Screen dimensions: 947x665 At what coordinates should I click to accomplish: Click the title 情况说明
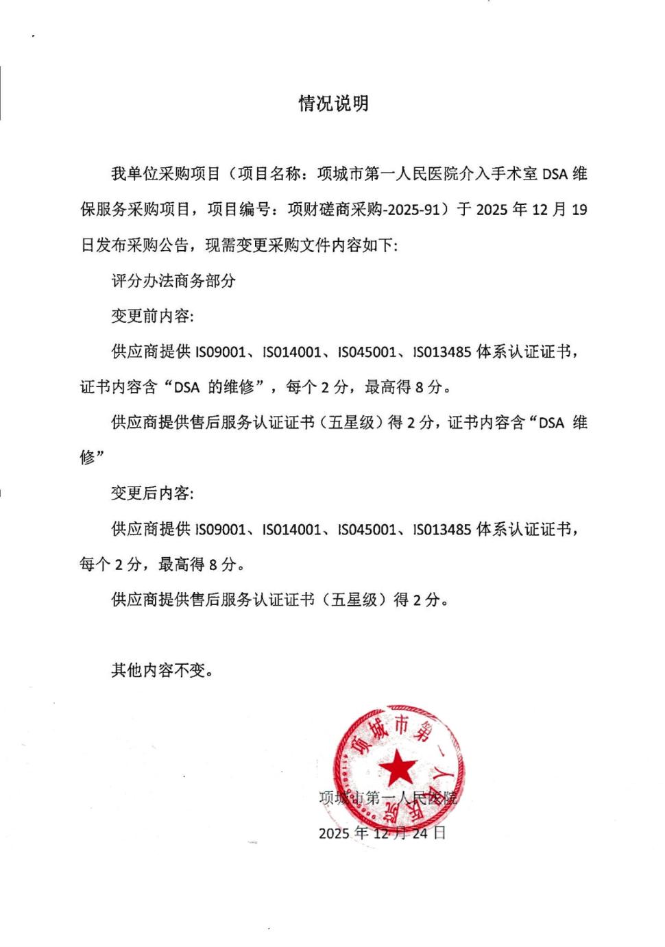(333, 103)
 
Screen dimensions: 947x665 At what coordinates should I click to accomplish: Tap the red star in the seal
(398, 767)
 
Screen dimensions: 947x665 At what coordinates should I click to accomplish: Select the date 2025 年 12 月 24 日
(382, 833)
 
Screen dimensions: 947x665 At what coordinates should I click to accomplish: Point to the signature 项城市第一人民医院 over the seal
(388, 798)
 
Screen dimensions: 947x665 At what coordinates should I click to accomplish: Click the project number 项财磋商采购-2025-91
(363, 210)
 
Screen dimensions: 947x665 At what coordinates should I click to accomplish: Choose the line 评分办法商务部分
(173, 281)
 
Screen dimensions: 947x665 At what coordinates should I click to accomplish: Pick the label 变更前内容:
(152, 316)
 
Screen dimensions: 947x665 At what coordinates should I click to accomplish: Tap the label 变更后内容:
(152, 493)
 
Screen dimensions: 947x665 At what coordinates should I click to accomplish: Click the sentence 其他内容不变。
(163, 670)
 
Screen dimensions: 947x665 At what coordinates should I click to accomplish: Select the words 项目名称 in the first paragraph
(269, 174)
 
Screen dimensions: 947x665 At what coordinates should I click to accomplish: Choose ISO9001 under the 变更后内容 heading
(220, 530)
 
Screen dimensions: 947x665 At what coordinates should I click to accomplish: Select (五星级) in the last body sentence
(354, 600)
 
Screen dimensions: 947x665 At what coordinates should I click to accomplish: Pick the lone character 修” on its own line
(92, 458)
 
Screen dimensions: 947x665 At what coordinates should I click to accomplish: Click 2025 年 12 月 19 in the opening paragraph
(531, 210)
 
